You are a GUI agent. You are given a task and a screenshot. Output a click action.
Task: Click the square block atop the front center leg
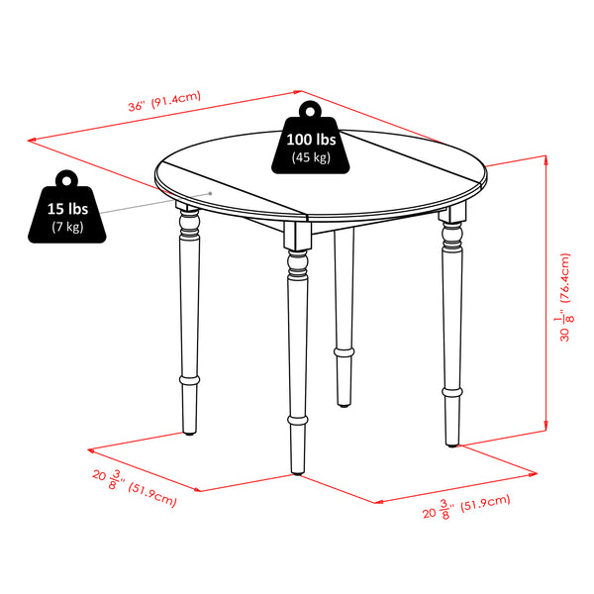[294, 236]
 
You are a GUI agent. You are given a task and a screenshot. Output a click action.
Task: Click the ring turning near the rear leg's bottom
[343, 351]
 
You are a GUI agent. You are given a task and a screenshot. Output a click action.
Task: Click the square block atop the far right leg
[451, 215]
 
